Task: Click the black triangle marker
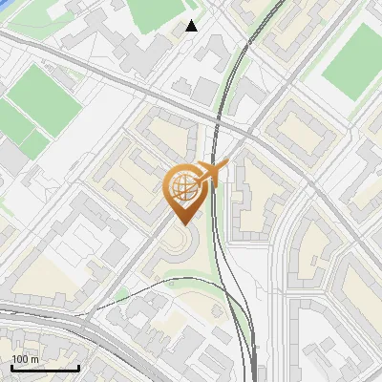pyautogui.click(x=192, y=26)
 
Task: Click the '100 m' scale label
pyautogui.click(x=26, y=359)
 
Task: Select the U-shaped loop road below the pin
pyautogui.click(x=177, y=250)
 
